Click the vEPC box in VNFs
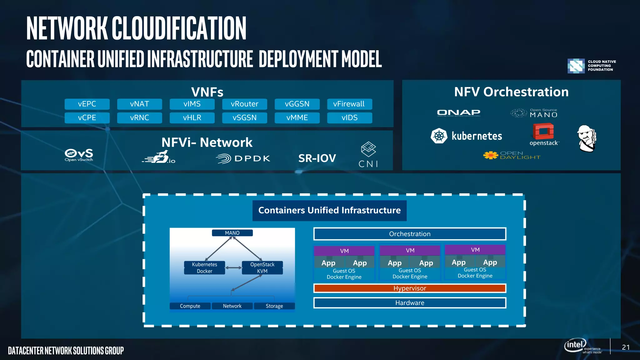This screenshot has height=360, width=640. pyautogui.click(x=87, y=104)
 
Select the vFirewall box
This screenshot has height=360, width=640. pyautogui.click(x=349, y=104)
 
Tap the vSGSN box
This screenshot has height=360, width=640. pyautogui.click(x=244, y=118)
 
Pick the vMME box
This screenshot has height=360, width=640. pyautogui.click(x=297, y=118)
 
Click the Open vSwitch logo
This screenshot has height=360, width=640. pyautogui.click(x=79, y=155)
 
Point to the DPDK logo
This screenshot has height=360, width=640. pyautogui.click(x=243, y=158)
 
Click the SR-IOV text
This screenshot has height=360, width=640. pyautogui.click(x=317, y=158)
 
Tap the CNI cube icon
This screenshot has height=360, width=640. pyautogui.click(x=368, y=149)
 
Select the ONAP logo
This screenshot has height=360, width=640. pyautogui.click(x=458, y=112)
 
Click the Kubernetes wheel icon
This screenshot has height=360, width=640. pyautogui.click(x=439, y=136)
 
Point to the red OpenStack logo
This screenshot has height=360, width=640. pyautogui.click(x=543, y=131)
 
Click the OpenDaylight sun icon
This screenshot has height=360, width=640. pyautogui.click(x=491, y=155)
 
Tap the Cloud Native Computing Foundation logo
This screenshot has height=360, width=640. pyautogui.click(x=576, y=66)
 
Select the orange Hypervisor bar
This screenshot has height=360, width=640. pyautogui.click(x=410, y=288)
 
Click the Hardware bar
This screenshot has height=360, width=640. pyautogui.click(x=410, y=303)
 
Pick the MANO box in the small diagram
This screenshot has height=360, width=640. pyautogui.click(x=232, y=233)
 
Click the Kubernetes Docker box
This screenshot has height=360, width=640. pyautogui.click(x=204, y=268)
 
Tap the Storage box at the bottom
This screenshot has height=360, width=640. pyautogui.click(x=274, y=306)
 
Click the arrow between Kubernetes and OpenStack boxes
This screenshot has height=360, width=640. pyautogui.click(x=233, y=268)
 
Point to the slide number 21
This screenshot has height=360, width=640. pyautogui.click(x=626, y=347)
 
